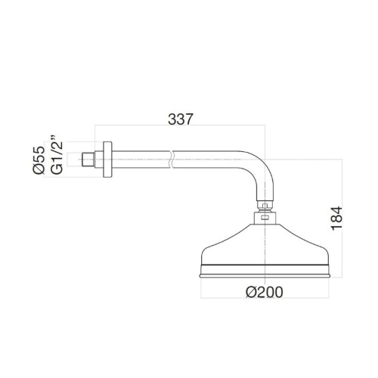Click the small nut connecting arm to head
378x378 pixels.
pyautogui.click(x=262, y=203)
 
